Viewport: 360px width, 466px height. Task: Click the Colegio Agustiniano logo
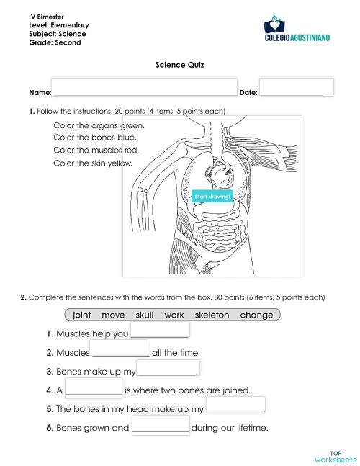tap(297, 31)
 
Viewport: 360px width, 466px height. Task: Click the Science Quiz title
tap(179, 65)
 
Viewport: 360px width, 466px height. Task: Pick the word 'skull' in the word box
tap(144, 315)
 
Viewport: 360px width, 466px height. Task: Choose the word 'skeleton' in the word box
tap(212, 315)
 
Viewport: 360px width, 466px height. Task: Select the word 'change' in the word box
tap(256, 315)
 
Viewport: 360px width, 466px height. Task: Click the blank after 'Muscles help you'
tap(159, 329)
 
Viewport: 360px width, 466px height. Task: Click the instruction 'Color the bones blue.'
tap(95, 137)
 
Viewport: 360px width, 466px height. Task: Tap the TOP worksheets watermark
tap(335, 454)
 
